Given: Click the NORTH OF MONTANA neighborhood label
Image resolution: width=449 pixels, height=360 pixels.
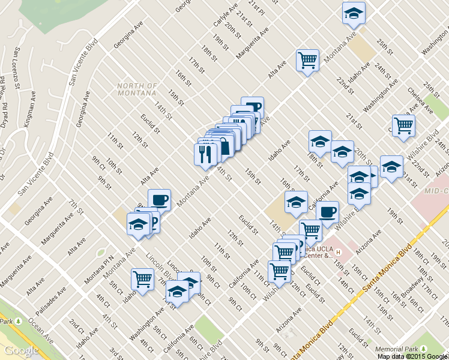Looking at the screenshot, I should tap(137, 90).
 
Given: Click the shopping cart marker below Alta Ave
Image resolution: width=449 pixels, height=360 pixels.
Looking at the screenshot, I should tap(307, 61).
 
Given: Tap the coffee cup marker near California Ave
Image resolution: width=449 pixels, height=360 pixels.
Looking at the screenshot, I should tap(328, 212).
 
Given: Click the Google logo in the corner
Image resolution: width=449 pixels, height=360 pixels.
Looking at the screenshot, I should tap(21, 351).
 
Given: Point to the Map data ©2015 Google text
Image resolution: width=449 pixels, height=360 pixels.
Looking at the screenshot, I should tap(412, 356).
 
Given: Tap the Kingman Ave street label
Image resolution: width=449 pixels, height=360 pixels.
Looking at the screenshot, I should tap(29, 115).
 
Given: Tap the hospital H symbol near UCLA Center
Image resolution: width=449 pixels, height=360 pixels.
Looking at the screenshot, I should tap(339, 251).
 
